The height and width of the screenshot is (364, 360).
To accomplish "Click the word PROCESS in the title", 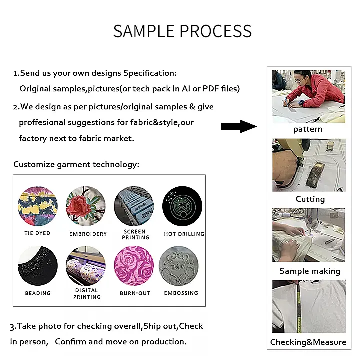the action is [x=216, y=31].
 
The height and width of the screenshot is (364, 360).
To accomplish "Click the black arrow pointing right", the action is [x=239, y=126].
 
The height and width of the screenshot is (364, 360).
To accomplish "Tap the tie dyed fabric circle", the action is [x=38, y=206].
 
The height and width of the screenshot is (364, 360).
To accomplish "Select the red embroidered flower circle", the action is [x=86, y=206].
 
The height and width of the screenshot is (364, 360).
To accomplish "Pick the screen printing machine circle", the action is [x=134, y=206].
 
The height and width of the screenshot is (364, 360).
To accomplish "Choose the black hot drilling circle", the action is [x=182, y=206].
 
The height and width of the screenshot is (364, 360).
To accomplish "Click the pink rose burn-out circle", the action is [x=134, y=266].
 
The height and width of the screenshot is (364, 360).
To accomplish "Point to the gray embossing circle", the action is [x=179, y=266].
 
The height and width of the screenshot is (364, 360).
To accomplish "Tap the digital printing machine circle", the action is [x=86, y=266].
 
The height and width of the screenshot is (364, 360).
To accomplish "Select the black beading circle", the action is [x=38, y=266].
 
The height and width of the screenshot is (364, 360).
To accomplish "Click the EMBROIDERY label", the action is [x=88, y=234].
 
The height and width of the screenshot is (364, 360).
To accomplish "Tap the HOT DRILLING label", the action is [x=184, y=234].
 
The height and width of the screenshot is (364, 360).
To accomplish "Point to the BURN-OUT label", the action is [x=135, y=293].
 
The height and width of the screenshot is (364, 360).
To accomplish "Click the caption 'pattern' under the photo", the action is [x=308, y=129].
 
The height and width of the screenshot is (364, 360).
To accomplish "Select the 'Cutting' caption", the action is [x=310, y=199].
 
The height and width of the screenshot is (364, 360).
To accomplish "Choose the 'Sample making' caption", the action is [x=310, y=271].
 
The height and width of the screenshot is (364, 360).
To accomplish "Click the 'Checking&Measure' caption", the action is [x=308, y=342].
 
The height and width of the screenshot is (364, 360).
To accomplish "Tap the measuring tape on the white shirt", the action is [x=299, y=307].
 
